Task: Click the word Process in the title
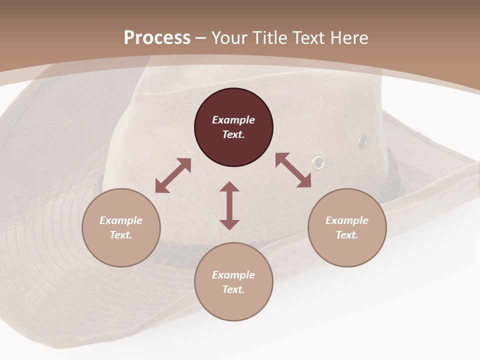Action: pyautogui.click(x=157, y=38)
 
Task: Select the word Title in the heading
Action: pyautogui.click(x=271, y=38)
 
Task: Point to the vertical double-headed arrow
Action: pyautogui.click(x=229, y=205)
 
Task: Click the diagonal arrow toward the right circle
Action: pyautogui.click(x=293, y=170)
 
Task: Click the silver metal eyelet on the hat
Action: pyautogui.click(x=318, y=161)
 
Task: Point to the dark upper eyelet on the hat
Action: pyautogui.click(x=362, y=142)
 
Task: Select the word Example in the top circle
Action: pyautogui.click(x=233, y=120)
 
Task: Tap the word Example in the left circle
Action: pyautogui.click(x=121, y=220)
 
